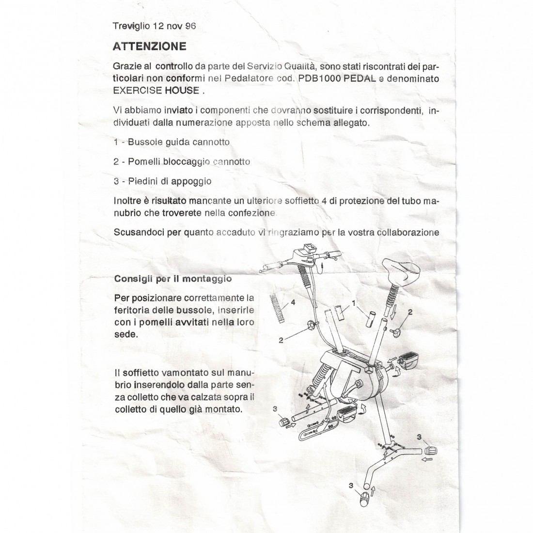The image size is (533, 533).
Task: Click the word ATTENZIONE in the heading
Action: click(149, 47)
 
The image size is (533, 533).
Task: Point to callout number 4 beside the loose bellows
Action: click(292, 302)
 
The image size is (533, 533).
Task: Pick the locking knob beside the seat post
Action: click(399, 333)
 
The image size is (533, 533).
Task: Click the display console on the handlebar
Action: click(306, 252)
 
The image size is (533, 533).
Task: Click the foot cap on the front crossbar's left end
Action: click(284, 421)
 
